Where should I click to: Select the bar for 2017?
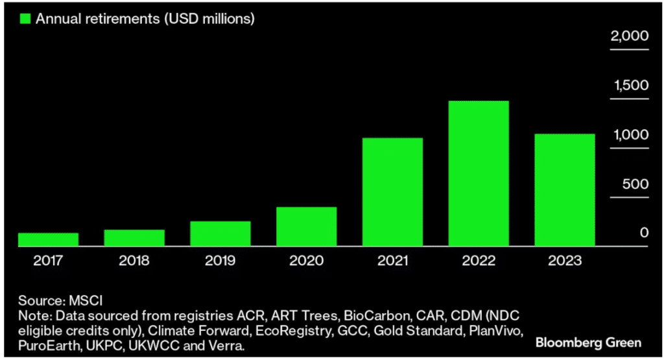pos(48,239)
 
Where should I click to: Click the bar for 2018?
pos(134,238)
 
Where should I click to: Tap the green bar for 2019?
pos(220,234)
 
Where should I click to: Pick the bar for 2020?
pos(306,226)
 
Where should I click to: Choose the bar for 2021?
pos(392,192)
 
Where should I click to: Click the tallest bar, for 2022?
pos(479,174)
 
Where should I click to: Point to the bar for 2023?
pos(564,190)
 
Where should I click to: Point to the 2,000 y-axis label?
pos(628,36)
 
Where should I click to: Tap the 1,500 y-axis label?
pos(630,86)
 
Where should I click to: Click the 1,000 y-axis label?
pos(630,135)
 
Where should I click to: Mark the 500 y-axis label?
pos(635,184)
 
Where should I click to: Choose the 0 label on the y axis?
pos(644,233)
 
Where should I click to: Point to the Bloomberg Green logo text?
pos(589,342)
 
